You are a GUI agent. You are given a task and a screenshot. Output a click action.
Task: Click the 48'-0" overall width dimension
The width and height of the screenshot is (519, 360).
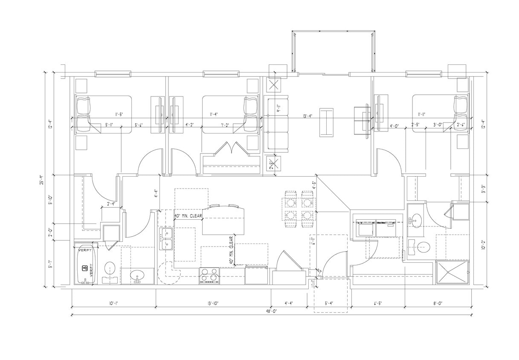coord(272,311)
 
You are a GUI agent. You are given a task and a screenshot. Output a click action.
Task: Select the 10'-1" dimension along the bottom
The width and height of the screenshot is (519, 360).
coord(113,303)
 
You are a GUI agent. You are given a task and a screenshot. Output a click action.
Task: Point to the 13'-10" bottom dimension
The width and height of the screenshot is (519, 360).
coord(213,303)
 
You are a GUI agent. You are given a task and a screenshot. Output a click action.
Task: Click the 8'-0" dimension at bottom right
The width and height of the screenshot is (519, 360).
coord(438,303)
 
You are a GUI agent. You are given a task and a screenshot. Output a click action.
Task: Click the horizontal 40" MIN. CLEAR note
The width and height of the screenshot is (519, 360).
coord(188,216)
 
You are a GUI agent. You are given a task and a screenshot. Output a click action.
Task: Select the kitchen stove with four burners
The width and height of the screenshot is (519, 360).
coord(209,276)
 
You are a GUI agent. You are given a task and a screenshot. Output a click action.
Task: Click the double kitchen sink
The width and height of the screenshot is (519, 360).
coord(166,239)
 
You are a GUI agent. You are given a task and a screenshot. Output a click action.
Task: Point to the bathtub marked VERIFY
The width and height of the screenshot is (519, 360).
coord(85,264)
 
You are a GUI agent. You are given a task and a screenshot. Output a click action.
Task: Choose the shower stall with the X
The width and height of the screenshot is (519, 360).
coord(452,272)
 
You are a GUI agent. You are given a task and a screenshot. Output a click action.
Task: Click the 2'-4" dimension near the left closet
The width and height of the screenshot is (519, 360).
coord(112,203)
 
